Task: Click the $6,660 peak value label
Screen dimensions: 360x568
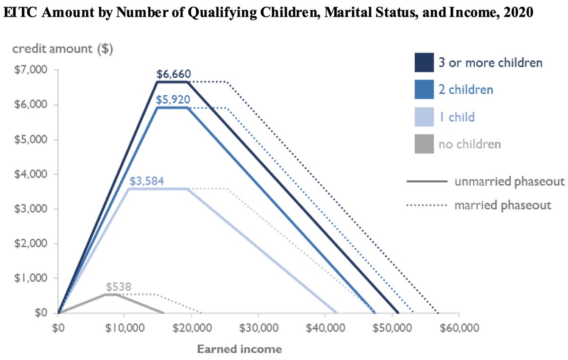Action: pyautogui.click(x=173, y=74)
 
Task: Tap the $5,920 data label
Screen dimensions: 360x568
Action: pyautogui.click(x=173, y=99)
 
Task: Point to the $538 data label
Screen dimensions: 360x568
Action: pyautogui.click(x=118, y=287)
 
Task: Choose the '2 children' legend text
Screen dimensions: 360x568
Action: pyautogui.click(x=465, y=90)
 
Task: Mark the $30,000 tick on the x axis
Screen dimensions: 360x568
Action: pyautogui.click(x=258, y=328)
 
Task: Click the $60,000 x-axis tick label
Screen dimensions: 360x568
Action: pyautogui.click(x=459, y=328)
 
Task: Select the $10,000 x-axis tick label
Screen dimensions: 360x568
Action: pyautogui.click(x=124, y=328)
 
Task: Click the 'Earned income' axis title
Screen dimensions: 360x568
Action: pyautogui.click(x=239, y=350)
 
